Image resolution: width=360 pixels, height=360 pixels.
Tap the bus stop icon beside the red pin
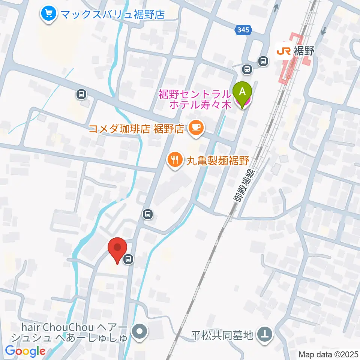tap(129, 258)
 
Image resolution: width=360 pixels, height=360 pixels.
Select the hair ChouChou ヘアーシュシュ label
tap(70, 332)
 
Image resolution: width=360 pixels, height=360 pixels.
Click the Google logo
tap(25, 351)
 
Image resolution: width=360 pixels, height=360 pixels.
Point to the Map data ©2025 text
tap(328, 354)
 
